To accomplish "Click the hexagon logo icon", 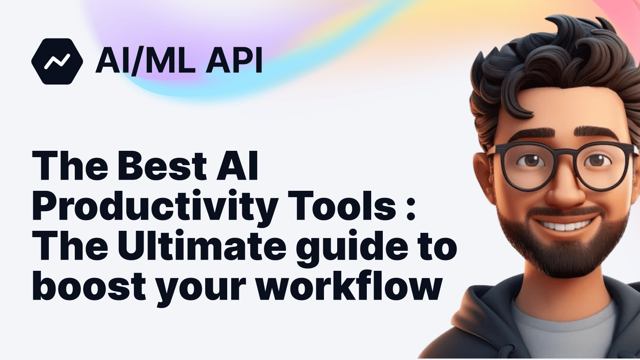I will pos(57,61).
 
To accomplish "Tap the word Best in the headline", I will pos(162,166).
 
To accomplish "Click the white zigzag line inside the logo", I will pos(57,61).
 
